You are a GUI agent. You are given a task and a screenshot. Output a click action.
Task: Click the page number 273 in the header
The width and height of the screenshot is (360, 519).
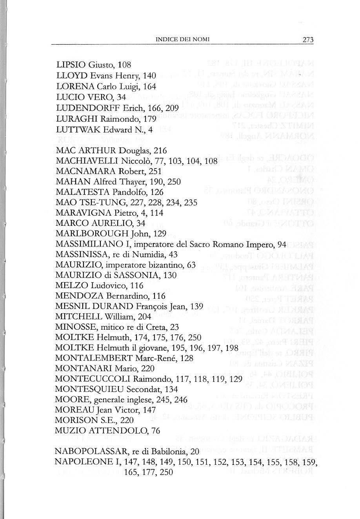tap(309, 40)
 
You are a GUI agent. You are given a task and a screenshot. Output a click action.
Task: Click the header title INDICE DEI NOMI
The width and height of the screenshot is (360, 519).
tap(183, 40)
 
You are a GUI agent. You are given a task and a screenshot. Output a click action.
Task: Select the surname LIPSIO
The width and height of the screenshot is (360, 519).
tap(71, 65)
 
